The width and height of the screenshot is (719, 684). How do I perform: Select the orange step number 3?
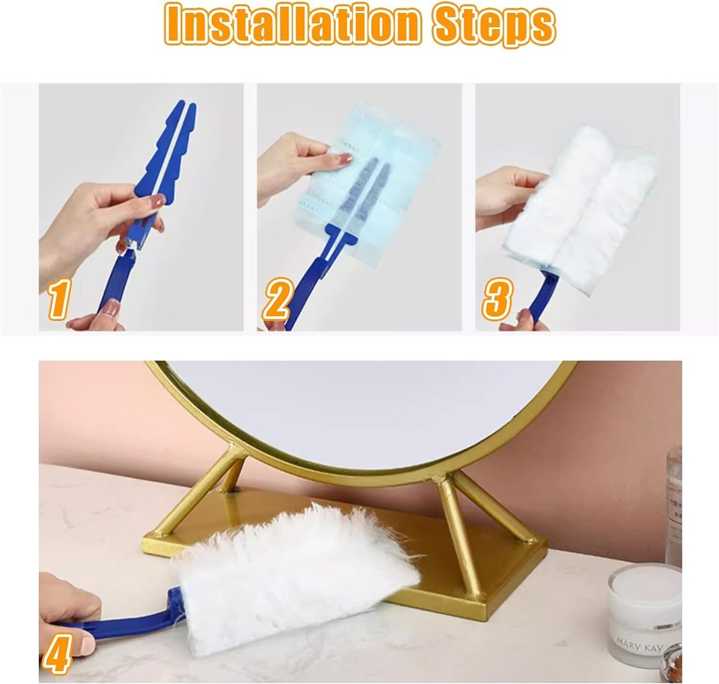coord(497,300)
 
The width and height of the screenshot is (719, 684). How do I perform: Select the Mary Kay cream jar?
coord(643,614)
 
